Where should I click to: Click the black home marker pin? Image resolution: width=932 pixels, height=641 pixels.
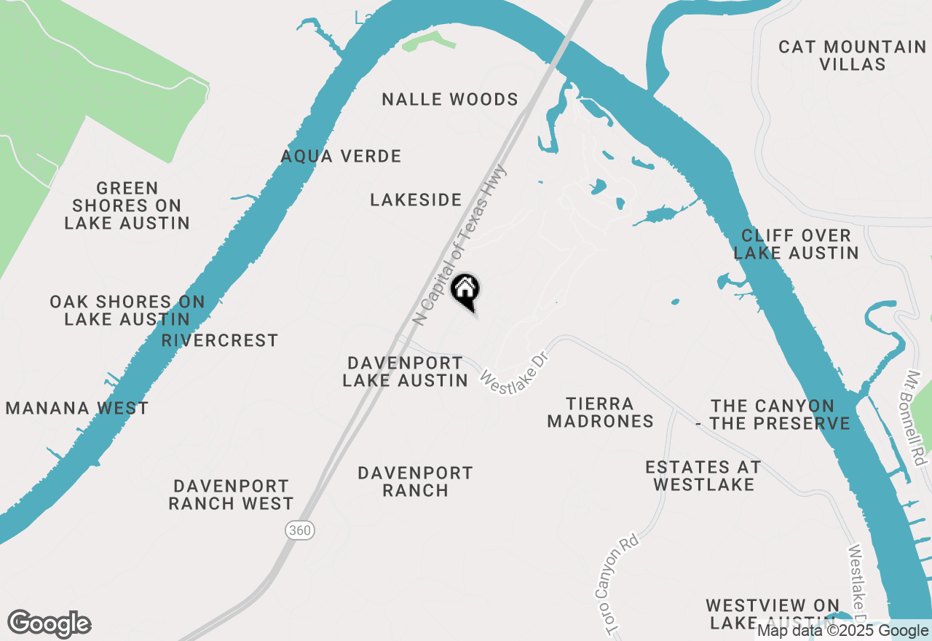[465, 291]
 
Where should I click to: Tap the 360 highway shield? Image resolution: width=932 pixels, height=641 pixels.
[301, 530]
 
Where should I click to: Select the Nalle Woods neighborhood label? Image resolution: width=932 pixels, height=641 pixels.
[450, 100]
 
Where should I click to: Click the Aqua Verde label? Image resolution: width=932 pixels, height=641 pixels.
[341, 156]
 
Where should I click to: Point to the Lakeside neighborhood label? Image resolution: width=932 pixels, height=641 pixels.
[416, 200]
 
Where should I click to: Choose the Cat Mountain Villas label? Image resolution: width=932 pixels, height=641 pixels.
[852, 55]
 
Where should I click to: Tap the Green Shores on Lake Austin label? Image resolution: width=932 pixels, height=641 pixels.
[127, 205]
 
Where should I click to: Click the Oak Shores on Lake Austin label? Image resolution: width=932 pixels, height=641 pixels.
[127, 310]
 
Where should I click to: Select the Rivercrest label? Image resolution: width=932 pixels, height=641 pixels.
[220, 340]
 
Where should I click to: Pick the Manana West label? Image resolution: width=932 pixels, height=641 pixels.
[77, 408]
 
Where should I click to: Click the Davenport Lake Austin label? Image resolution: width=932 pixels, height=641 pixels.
[406, 371]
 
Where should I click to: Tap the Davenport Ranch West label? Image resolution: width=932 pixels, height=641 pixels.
[232, 495]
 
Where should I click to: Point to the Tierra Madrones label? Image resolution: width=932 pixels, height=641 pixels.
[601, 412]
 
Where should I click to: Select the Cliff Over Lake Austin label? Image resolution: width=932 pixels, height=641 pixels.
[796, 244]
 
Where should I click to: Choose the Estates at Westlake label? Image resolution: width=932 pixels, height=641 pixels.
[703, 476]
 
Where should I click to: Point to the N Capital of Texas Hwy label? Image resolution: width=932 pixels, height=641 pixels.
[459, 243]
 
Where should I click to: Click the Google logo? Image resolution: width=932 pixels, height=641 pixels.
[49, 624]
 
